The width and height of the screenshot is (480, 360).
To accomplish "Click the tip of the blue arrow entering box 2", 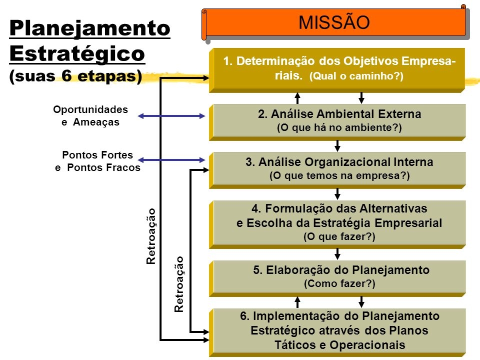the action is [x=205, y=116].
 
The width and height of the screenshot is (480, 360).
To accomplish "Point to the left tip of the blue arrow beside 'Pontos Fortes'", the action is [x=138, y=160].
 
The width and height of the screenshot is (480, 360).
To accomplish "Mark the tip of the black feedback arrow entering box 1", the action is [x=209, y=78].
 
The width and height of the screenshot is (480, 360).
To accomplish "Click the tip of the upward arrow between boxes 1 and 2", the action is [x=297, y=92].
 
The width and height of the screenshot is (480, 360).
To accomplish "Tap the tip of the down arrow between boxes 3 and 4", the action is [x=337, y=200].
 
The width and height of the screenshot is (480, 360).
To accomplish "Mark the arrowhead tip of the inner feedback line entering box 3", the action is [x=209, y=170].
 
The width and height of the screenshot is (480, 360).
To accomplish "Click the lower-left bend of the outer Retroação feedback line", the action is [x=160, y=340].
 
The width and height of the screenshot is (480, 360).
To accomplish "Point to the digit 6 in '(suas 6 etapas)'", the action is [x=66, y=75].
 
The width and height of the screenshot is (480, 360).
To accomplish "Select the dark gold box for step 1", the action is [x=337, y=70].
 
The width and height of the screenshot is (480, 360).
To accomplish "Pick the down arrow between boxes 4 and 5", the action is [x=337, y=254].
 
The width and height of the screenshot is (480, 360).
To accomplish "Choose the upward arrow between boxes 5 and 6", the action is [x=297, y=302].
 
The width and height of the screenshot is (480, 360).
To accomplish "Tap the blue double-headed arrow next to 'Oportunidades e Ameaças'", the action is [x=171, y=116].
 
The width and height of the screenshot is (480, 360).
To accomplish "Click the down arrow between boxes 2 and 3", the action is [x=337, y=146].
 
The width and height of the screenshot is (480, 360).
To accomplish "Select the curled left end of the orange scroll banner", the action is [x=204, y=24].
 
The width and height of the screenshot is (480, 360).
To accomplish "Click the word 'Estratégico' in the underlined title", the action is [x=77, y=53].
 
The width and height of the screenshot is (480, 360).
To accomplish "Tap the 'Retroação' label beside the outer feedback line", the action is [x=151, y=236].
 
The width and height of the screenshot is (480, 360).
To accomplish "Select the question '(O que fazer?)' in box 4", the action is [x=339, y=236].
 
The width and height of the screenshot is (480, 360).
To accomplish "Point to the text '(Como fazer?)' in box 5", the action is [x=339, y=283].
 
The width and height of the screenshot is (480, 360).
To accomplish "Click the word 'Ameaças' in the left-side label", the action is [x=96, y=122].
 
